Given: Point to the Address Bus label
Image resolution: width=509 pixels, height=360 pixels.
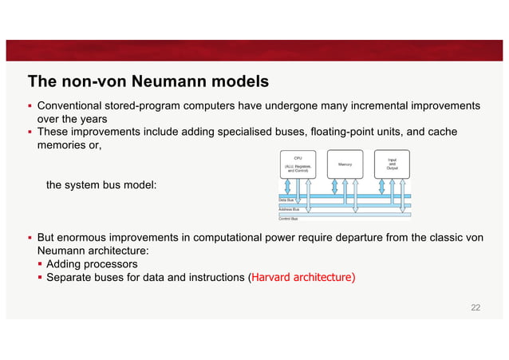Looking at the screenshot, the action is [x=289, y=208].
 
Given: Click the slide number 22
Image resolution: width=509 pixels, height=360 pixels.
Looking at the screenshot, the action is [x=476, y=307].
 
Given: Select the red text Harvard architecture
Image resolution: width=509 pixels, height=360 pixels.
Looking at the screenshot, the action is [x=304, y=278].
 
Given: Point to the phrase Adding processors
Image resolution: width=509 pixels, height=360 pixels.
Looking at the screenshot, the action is [x=92, y=263].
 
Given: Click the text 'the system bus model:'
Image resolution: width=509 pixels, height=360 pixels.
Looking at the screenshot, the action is [x=102, y=185].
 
